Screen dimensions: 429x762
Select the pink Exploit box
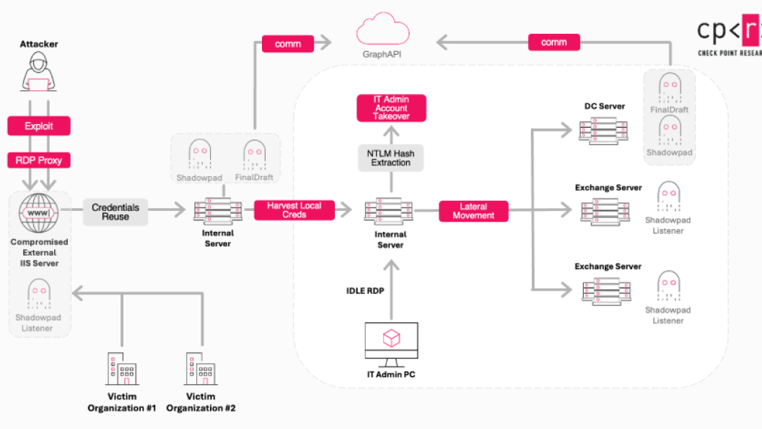click(x=39, y=126)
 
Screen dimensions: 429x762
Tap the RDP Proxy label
click(x=39, y=160)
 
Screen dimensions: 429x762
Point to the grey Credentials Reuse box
click(x=115, y=212)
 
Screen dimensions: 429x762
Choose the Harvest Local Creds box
click(x=294, y=210)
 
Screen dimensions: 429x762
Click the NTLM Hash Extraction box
click(x=390, y=158)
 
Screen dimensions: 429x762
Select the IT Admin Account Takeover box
click(x=391, y=108)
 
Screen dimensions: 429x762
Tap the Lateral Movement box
click(x=473, y=211)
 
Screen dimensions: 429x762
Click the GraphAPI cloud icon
click(x=380, y=31)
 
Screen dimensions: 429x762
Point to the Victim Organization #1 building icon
click(x=121, y=369)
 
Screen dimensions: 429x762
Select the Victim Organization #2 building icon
click(x=201, y=369)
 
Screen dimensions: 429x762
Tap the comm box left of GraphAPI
click(x=288, y=44)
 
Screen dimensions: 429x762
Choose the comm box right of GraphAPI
click(x=553, y=43)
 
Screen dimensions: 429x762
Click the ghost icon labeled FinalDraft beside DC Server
click(x=669, y=87)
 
